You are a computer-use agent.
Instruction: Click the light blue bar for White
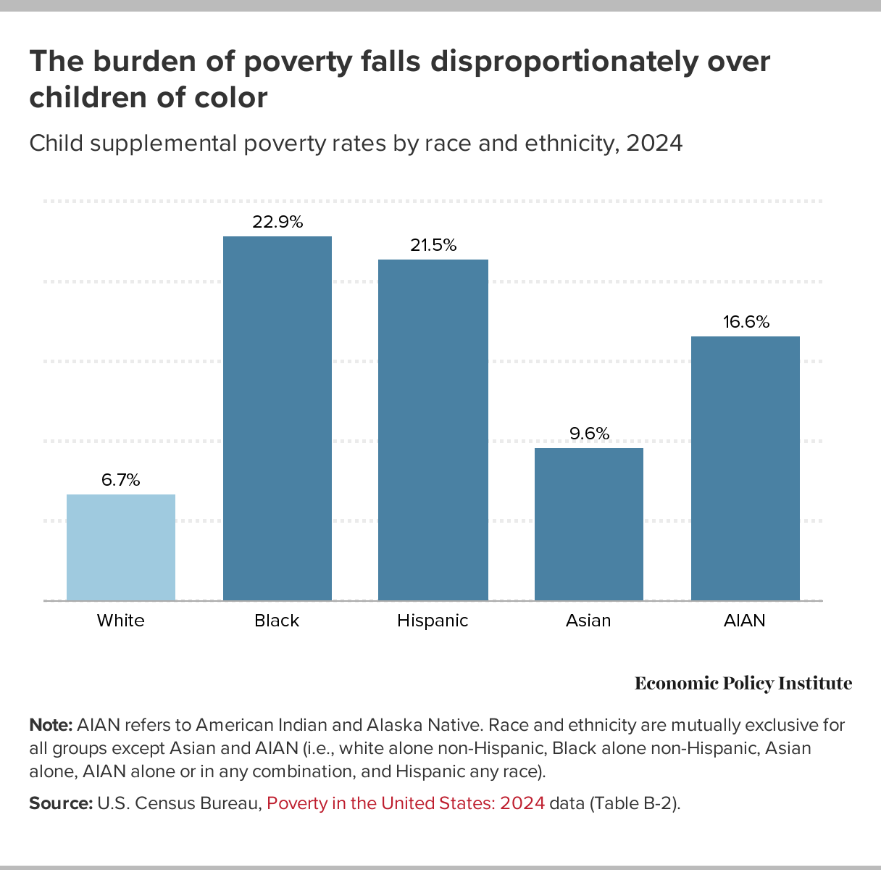coord(121,547)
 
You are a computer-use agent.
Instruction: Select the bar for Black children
coord(277,418)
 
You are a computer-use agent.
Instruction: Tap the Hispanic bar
coord(433,430)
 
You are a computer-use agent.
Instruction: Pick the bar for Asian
coord(589,524)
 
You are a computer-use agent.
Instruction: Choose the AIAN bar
coord(746,468)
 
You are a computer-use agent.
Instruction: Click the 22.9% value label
coord(277,223)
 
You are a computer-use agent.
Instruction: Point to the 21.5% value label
coord(433,246)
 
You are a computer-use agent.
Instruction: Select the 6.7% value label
coord(121,480)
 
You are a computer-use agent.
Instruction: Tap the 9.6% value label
coord(589,434)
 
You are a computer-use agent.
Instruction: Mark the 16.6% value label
coord(746,322)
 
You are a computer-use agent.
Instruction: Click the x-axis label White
coord(121,621)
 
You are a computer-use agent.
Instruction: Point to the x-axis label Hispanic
coord(433,621)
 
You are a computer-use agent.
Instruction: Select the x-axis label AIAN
coord(746,621)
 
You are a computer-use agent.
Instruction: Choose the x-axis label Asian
coord(589,621)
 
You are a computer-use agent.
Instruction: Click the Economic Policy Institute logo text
coord(743,684)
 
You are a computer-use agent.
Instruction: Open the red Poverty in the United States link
coord(406,803)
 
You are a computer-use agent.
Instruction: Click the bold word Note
coord(50,725)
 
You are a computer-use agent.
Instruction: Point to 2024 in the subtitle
coord(654,143)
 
